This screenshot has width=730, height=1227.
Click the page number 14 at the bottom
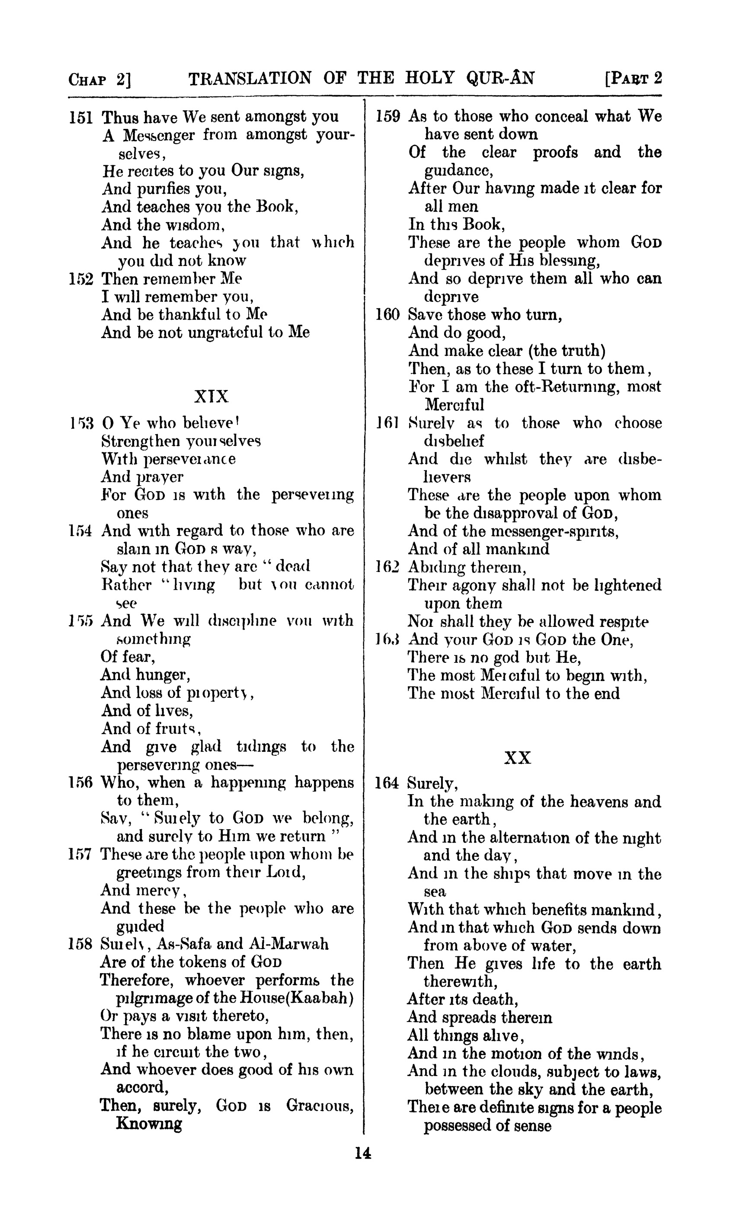tap(362, 1153)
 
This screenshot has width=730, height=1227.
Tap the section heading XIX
tap(211, 396)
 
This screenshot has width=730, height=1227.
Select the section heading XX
tap(518, 758)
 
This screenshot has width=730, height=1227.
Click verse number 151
tap(81, 118)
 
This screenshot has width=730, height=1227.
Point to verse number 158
tap(81, 944)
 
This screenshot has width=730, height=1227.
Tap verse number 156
tap(81, 783)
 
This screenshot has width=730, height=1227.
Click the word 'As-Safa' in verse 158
tap(183, 944)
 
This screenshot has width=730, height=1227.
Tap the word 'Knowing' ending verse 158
tap(149, 1123)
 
